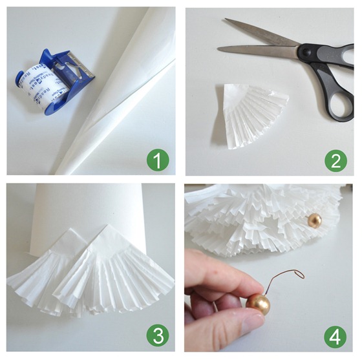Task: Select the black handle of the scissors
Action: [336, 84]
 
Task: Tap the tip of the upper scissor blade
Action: [227, 21]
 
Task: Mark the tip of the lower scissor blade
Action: [220, 48]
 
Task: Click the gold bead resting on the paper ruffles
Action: [314, 220]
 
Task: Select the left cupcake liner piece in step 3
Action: [48, 271]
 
